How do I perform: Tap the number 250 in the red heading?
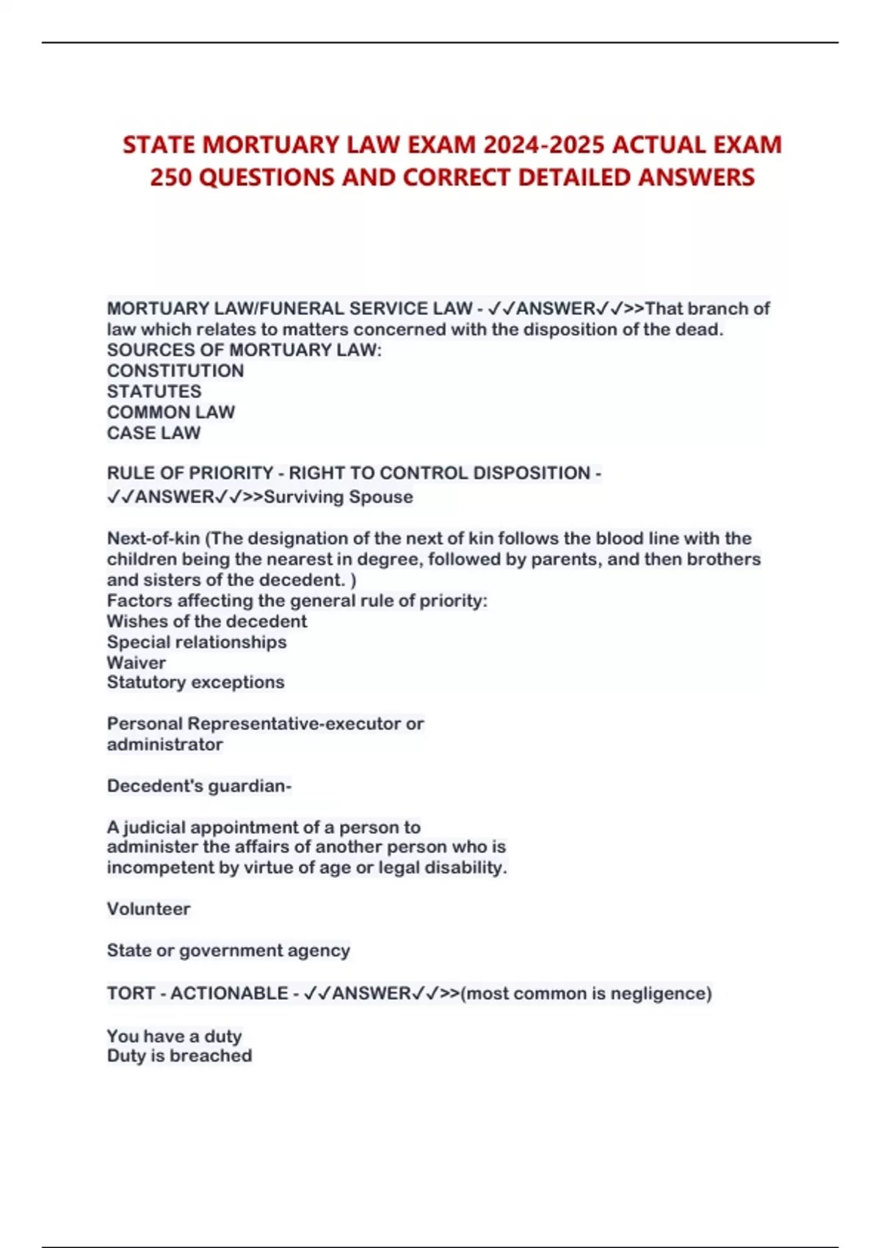pyautogui.click(x=171, y=178)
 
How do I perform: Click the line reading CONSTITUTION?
pyautogui.click(x=175, y=371)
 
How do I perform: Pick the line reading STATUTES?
pyautogui.click(x=154, y=391)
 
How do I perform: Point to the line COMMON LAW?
pyautogui.click(x=171, y=412)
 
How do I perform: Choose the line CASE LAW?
pyautogui.click(x=153, y=433)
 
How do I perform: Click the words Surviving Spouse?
pyautogui.click(x=338, y=497)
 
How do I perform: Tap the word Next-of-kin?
pyautogui.click(x=153, y=538)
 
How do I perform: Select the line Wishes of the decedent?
pyautogui.click(x=207, y=621)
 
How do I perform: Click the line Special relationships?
pyautogui.click(x=197, y=642)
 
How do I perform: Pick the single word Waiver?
pyautogui.click(x=137, y=662)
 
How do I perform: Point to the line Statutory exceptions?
pyautogui.click(x=195, y=682)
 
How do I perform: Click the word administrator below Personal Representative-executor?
pyautogui.click(x=165, y=744)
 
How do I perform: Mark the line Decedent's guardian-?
pyautogui.click(x=199, y=786)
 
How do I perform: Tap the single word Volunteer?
pyautogui.click(x=148, y=909)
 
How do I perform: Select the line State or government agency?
pyautogui.click(x=228, y=951)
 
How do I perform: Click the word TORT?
pyautogui.click(x=131, y=993)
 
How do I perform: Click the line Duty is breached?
pyautogui.click(x=179, y=1056)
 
